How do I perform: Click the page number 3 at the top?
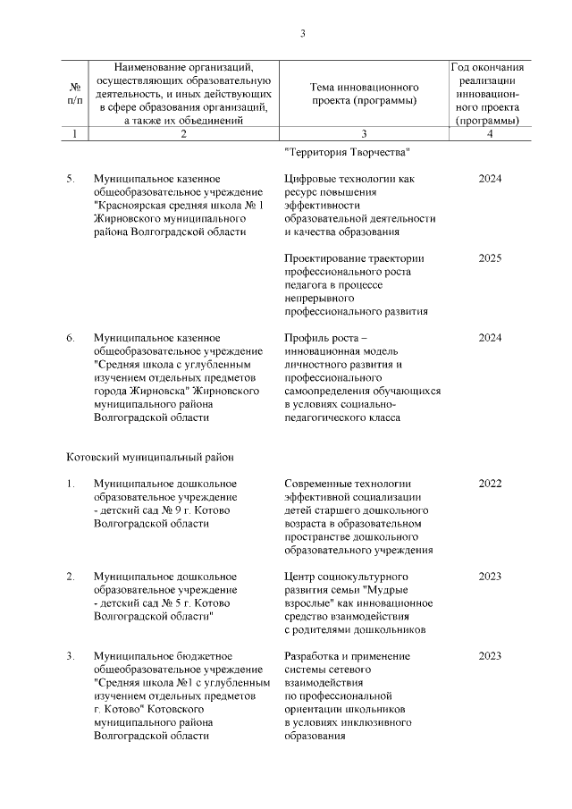(302, 34)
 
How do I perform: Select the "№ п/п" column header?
(74, 93)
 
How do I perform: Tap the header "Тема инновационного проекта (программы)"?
(364, 93)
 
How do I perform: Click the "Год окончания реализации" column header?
(487, 93)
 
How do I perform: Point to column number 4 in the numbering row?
(489, 133)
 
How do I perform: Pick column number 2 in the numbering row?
(183, 133)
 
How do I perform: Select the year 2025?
(490, 258)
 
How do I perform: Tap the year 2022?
(490, 484)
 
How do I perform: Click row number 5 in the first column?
(71, 179)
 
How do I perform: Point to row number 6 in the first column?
(71, 337)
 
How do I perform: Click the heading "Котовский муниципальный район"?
(150, 457)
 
